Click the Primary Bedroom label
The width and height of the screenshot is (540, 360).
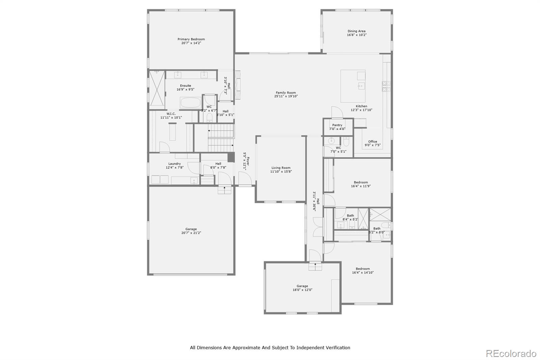[x=191, y=39]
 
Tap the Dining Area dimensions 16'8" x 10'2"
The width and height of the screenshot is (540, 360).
[x=357, y=35]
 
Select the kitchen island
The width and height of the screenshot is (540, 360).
[x=353, y=86]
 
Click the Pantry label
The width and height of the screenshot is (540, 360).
[x=337, y=125]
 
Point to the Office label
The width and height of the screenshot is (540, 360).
[x=373, y=142]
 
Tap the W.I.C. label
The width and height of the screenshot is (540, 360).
[x=171, y=114]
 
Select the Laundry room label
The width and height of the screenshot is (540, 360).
[x=174, y=164]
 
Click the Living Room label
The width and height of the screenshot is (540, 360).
[x=281, y=168]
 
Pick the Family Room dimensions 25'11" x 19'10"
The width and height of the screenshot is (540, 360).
[x=286, y=97]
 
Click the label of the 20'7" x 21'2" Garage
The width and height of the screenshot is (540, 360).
[x=191, y=229]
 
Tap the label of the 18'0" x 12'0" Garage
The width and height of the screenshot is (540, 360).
[x=302, y=286]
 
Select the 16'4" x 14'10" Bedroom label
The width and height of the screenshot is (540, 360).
[x=363, y=269]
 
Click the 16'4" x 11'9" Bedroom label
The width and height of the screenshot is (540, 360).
[x=361, y=182]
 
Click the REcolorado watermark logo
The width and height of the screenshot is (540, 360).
[x=511, y=354]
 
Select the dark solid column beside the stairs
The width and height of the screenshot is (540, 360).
[x=231, y=158]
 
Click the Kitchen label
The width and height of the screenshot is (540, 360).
[x=361, y=106]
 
